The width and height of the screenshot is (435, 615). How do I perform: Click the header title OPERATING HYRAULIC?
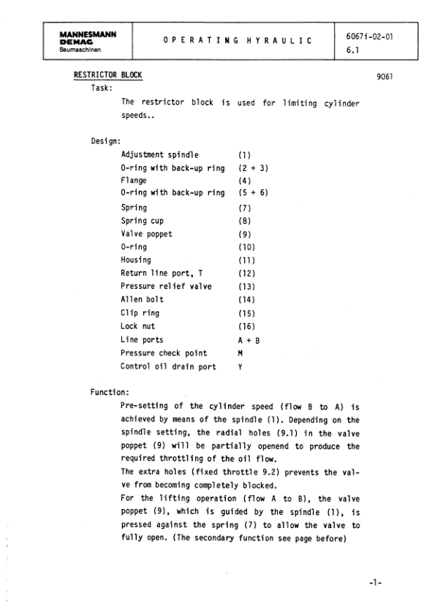coord(233,41)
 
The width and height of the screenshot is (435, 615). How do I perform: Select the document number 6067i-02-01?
coord(369,35)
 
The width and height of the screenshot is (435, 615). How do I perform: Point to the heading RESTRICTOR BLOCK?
coord(108,75)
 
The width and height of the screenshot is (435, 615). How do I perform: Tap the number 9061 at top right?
coord(385,76)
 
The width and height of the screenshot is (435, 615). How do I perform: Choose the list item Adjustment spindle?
coord(160,155)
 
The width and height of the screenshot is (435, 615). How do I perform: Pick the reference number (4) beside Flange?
coord(244,181)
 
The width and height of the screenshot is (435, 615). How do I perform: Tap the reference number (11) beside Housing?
coord(246,260)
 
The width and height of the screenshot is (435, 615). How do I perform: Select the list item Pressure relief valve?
coord(166,286)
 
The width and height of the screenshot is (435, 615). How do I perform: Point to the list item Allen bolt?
coord(142,299)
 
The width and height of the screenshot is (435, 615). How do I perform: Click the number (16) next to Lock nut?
coord(246,325)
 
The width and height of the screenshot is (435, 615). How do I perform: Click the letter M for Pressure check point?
coord(241,352)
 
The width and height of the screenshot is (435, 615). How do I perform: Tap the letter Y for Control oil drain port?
coord(241,366)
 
